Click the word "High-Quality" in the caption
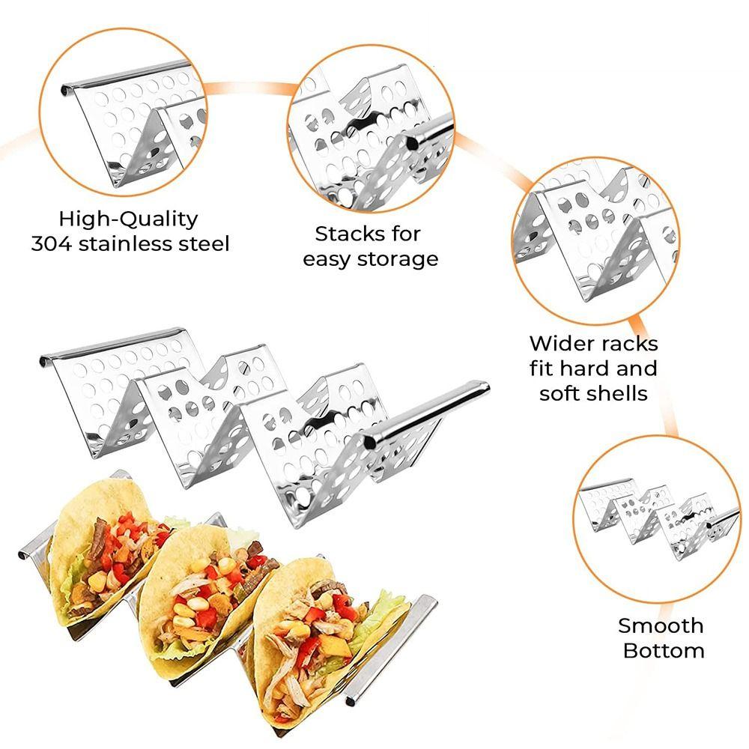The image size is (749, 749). [129, 219]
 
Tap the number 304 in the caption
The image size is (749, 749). [52, 244]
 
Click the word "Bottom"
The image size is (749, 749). [664, 650]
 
